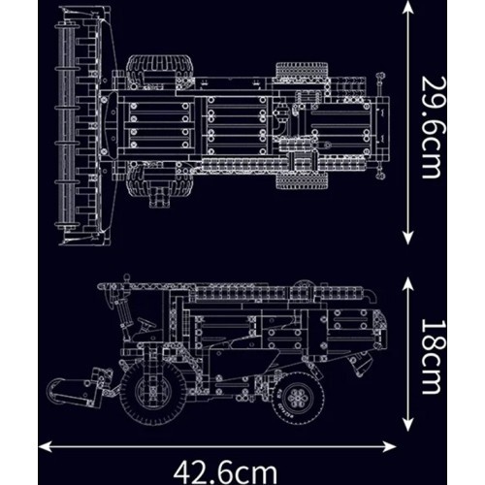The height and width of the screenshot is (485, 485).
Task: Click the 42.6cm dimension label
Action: pyautogui.click(x=225, y=472)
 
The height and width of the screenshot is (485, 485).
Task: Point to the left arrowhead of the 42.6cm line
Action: pyautogui.click(x=46, y=447)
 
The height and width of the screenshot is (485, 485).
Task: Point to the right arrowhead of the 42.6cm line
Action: pyautogui.click(x=389, y=447)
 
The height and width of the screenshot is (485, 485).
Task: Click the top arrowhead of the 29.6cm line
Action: pyautogui.click(x=408, y=7)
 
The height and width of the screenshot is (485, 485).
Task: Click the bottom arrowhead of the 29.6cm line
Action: pyautogui.click(x=408, y=238)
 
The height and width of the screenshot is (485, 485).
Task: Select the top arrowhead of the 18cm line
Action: pyautogui.click(x=408, y=283)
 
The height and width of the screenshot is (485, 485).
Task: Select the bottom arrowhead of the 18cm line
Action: pyautogui.click(x=408, y=423)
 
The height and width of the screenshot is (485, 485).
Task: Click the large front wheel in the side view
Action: pyautogui.click(x=152, y=392)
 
